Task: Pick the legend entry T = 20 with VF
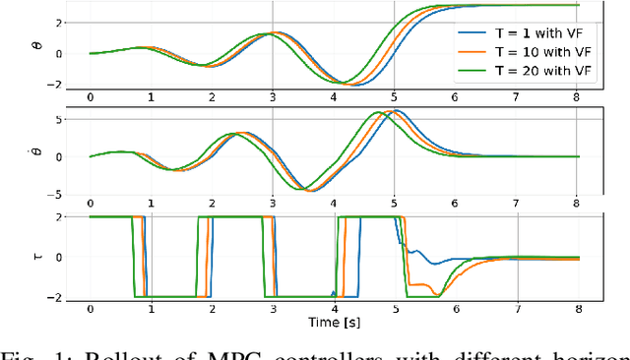[541, 71]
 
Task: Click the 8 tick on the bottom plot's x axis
[577, 308]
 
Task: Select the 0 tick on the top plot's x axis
[90, 97]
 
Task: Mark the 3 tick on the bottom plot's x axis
[273, 308]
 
